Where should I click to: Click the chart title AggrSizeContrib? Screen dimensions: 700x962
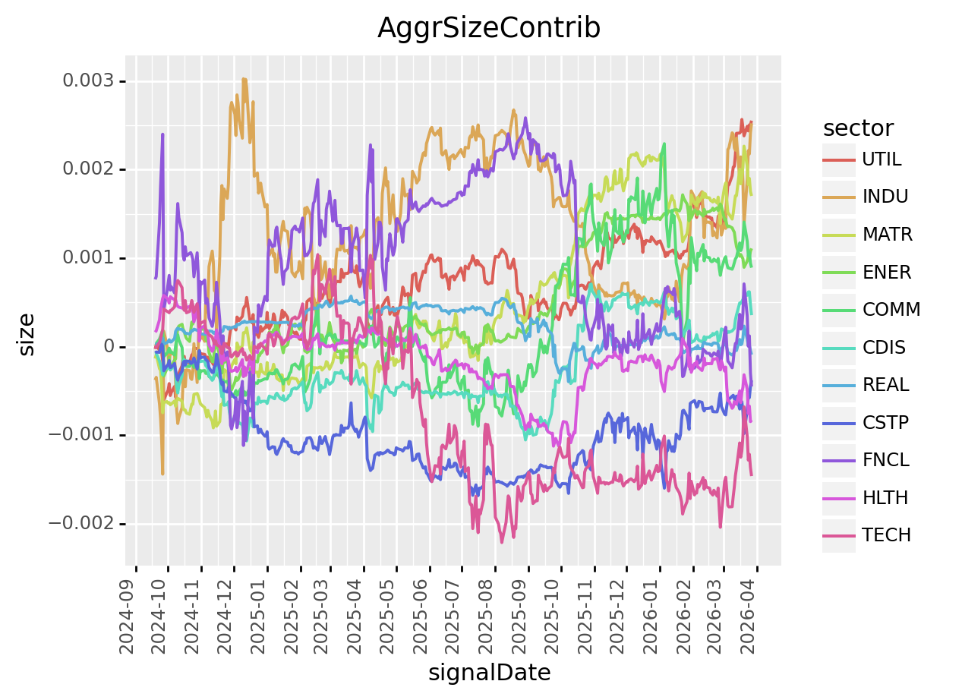point(489,28)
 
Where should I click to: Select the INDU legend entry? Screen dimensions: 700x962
point(885,197)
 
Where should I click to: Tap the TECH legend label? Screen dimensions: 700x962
point(886,535)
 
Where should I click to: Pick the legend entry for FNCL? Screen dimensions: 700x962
point(885,460)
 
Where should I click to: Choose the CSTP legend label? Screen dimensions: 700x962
point(885,422)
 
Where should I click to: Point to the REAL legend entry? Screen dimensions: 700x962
point(885,385)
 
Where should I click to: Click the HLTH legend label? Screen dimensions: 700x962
point(885,498)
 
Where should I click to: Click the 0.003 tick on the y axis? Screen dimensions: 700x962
point(90,81)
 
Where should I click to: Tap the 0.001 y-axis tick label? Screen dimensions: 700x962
point(90,258)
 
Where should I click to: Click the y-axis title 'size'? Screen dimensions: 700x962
point(27,334)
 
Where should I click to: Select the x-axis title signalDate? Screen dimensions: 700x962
point(489,673)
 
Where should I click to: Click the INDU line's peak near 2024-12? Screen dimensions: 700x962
point(244,78)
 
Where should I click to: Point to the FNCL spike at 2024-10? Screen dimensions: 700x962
point(162,134)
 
